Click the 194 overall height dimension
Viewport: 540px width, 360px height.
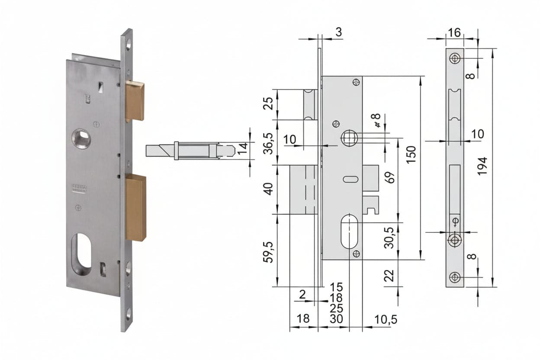(482, 167)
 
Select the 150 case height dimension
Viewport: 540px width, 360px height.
(411, 155)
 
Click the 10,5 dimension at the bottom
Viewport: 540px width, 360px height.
(386, 320)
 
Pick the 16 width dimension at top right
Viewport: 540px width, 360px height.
(454, 33)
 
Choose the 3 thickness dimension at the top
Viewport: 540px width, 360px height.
(339, 32)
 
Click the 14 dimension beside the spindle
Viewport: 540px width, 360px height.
(244, 148)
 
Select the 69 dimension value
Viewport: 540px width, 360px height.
(391, 177)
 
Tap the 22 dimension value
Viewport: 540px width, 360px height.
(389, 275)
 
